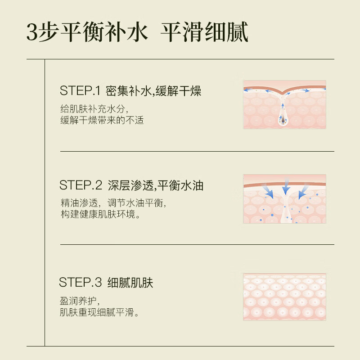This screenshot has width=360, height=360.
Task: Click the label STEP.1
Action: pyautogui.click(x=79, y=92)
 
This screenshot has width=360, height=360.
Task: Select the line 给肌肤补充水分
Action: pyautogui.click(x=94, y=109)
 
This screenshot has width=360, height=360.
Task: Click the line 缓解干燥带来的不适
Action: pyautogui.click(x=102, y=121)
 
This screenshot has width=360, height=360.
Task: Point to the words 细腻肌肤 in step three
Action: pyautogui.click(x=130, y=283)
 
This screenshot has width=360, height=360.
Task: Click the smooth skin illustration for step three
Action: pyautogui.click(x=284, y=297)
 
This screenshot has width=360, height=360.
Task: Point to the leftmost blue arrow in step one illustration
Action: pyautogui.click(x=248, y=90)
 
